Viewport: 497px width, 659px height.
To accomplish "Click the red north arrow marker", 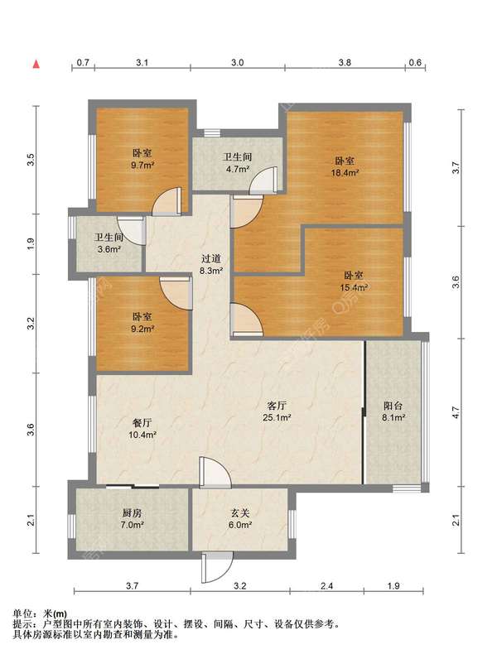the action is click(36, 64).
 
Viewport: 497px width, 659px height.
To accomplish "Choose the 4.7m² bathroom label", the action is click(237, 162).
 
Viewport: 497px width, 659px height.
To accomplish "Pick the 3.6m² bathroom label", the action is click(109, 243).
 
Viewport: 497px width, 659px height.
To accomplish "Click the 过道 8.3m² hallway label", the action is click(211, 265).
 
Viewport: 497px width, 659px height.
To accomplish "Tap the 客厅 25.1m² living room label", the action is click(277, 411).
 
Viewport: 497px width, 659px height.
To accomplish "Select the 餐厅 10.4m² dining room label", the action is click(142, 429).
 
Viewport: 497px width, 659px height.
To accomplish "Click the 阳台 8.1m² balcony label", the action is click(393, 411).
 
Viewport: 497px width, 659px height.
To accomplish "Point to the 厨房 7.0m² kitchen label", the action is click(132, 518).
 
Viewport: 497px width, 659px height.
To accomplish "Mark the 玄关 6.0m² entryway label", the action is click(240, 518).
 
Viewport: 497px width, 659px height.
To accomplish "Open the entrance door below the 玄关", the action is click(216, 567).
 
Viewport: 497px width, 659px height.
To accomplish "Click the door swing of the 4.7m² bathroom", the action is click(263, 180).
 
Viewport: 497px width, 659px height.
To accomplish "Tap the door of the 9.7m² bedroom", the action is click(166, 202).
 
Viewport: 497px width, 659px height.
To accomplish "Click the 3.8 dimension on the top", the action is click(345, 63).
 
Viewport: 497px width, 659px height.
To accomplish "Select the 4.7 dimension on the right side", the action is click(456, 412).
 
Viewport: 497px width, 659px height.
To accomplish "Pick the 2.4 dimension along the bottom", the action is click(326, 585).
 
